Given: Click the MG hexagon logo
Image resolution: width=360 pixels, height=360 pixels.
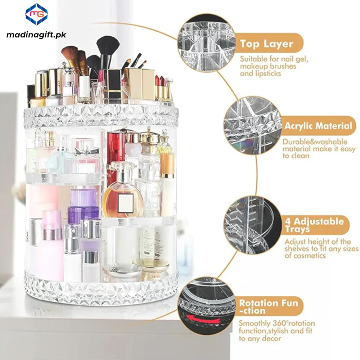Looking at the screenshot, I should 36,14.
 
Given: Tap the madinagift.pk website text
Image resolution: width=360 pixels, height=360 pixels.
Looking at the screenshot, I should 36,35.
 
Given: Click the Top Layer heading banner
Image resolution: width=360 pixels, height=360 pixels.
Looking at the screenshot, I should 266,44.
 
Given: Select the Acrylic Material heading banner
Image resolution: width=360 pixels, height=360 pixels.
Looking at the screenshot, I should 318,126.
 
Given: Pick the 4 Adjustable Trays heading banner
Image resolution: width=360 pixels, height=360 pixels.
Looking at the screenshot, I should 314,225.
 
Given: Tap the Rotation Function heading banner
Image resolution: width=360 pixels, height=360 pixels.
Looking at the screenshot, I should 269,307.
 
